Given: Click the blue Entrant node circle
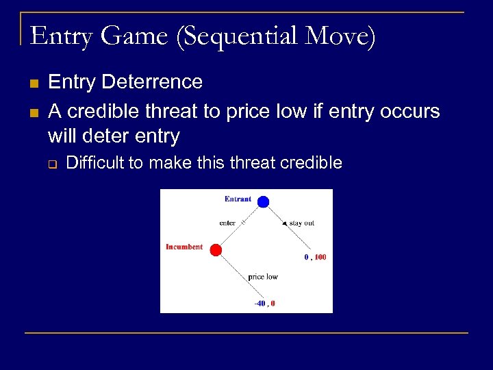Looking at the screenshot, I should tap(263, 201).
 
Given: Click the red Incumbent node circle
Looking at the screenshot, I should tap(215, 250).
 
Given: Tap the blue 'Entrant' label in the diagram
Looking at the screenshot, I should tap(238, 199).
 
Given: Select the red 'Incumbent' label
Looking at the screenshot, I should tap(184, 247).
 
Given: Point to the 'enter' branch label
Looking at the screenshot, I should tap(227, 223).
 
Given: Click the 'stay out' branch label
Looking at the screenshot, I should tap(301, 223).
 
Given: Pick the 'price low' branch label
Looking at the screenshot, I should tap(263, 277).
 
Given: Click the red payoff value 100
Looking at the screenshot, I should tap(320, 258).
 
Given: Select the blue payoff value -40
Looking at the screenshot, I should tap(260, 303).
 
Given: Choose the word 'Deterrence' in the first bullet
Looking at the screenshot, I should tap(152, 82).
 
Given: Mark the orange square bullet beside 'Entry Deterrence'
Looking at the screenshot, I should tap(34, 84).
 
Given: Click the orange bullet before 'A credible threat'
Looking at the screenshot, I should tap(34, 112).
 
